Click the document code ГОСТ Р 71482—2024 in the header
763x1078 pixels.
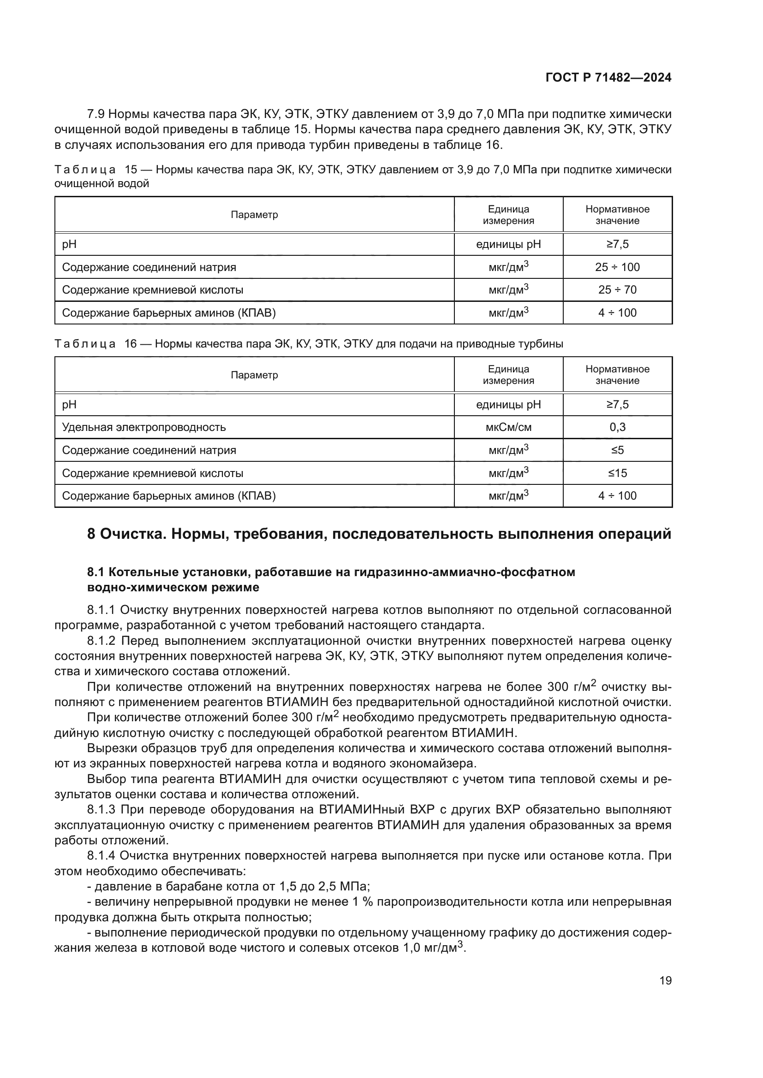point(608,77)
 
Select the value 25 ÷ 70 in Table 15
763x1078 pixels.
point(617,290)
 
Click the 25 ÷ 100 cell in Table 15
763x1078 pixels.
point(617,267)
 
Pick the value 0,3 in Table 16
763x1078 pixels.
point(617,427)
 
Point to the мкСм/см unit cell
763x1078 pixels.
point(508,427)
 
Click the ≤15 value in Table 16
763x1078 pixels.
point(617,473)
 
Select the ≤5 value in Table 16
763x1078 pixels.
point(617,450)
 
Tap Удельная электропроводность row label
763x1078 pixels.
point(144,427)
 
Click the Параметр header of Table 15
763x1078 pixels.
point(254,215)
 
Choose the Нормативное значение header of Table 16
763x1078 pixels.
point(617,375)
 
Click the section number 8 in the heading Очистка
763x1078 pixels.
point(92,534)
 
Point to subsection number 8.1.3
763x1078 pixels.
point(102,809)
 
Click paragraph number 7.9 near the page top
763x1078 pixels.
point(97,114)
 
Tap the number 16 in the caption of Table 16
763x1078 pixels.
point(130,344)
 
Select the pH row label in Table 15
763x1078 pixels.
point(69,244)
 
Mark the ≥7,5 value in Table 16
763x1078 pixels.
point(617,404)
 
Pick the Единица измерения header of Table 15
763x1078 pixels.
point(508,215)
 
